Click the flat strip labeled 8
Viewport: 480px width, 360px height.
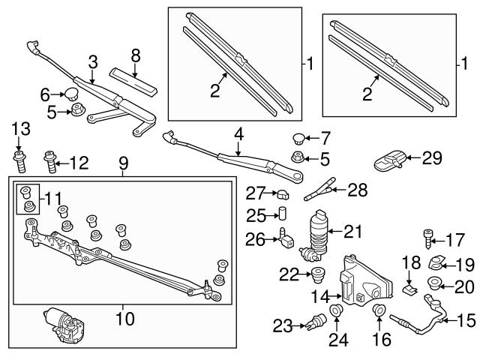pyautogui.click(x=135, y=79)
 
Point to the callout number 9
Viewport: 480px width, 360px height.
pyautogui.click(x=124, y=162)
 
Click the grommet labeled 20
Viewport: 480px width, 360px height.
pyautogui.click(x=433, y=283)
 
